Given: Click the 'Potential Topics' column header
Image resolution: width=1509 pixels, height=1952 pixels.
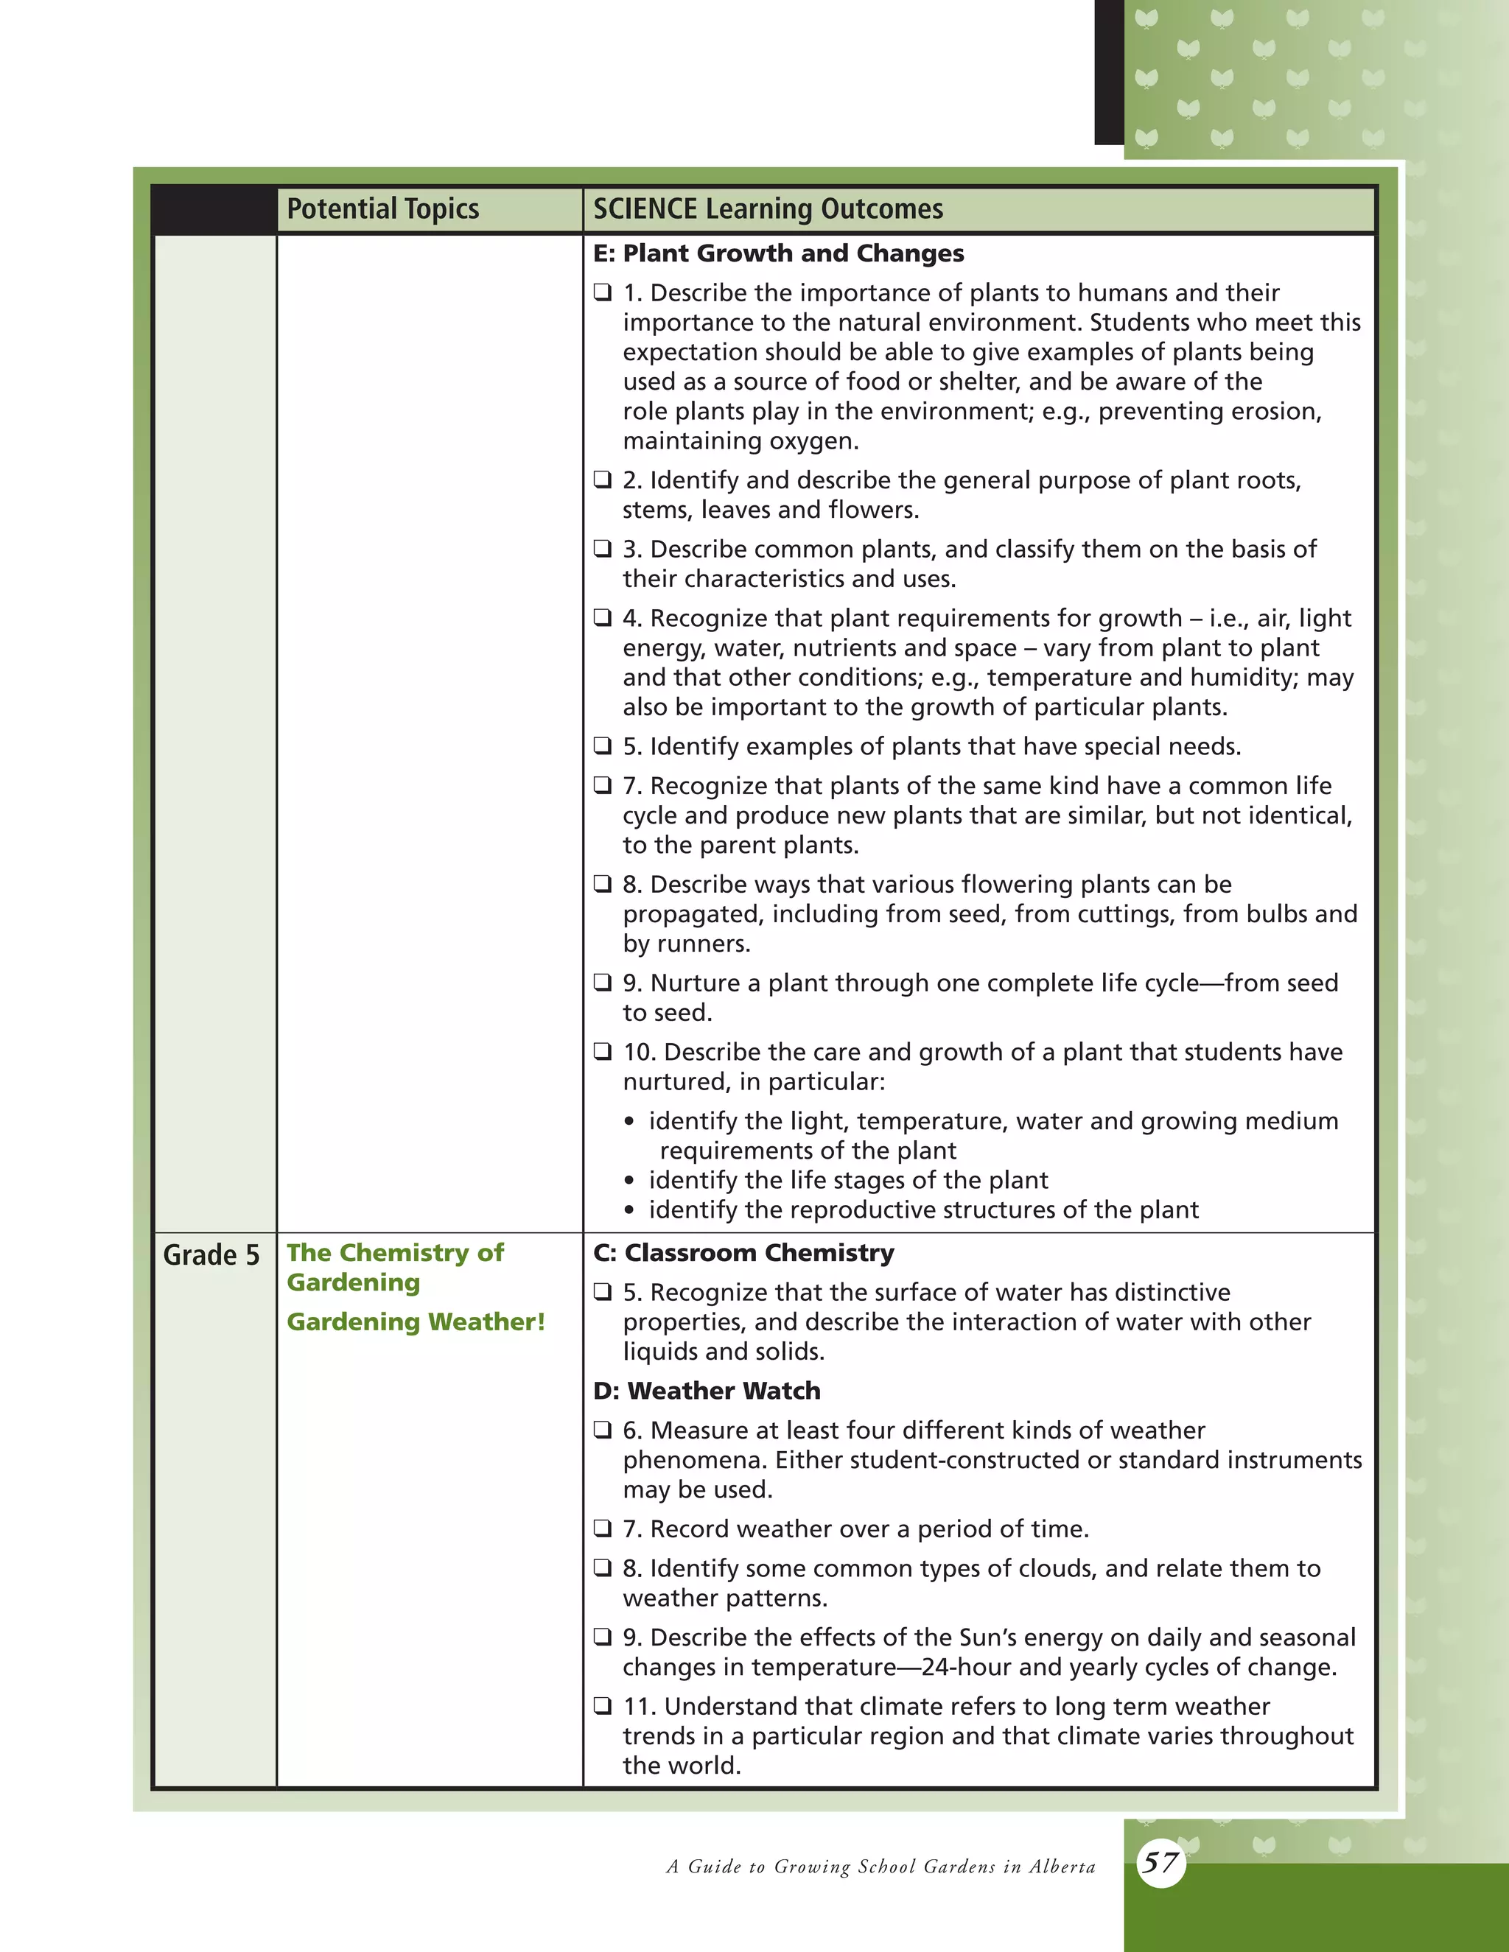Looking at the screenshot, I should point(382,209).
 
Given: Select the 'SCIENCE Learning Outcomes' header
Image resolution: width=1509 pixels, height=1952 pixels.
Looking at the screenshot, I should point(768,209).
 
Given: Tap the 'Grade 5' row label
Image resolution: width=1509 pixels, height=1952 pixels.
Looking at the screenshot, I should point(211,1255).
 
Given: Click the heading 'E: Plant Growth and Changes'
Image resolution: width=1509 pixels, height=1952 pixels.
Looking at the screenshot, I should point(778,254).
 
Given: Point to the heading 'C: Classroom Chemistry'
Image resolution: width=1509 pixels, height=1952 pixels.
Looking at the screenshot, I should point(743,1253).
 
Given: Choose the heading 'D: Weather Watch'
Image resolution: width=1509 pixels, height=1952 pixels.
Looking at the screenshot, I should point(706,1391).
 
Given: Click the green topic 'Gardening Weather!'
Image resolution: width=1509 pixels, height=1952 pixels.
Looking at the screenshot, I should point(416,1322).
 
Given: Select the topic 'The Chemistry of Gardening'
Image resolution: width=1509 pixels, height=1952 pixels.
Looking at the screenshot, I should point(394,1268).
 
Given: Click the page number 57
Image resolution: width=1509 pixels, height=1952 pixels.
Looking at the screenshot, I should point(1160,1863).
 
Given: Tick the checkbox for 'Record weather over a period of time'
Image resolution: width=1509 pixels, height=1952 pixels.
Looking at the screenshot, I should point(603,1528).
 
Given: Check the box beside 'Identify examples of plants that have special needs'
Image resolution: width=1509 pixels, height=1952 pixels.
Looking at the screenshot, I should point(603,745).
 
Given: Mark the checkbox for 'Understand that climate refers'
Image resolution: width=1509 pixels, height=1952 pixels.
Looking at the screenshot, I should point(603,1706).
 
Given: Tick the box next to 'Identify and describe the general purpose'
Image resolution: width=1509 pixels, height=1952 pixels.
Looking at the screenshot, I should point(603,480).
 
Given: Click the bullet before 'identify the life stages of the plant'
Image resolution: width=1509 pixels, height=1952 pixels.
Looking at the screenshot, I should point(630,1182).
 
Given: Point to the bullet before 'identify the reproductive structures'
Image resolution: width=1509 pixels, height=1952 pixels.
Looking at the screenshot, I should point(630,1211).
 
